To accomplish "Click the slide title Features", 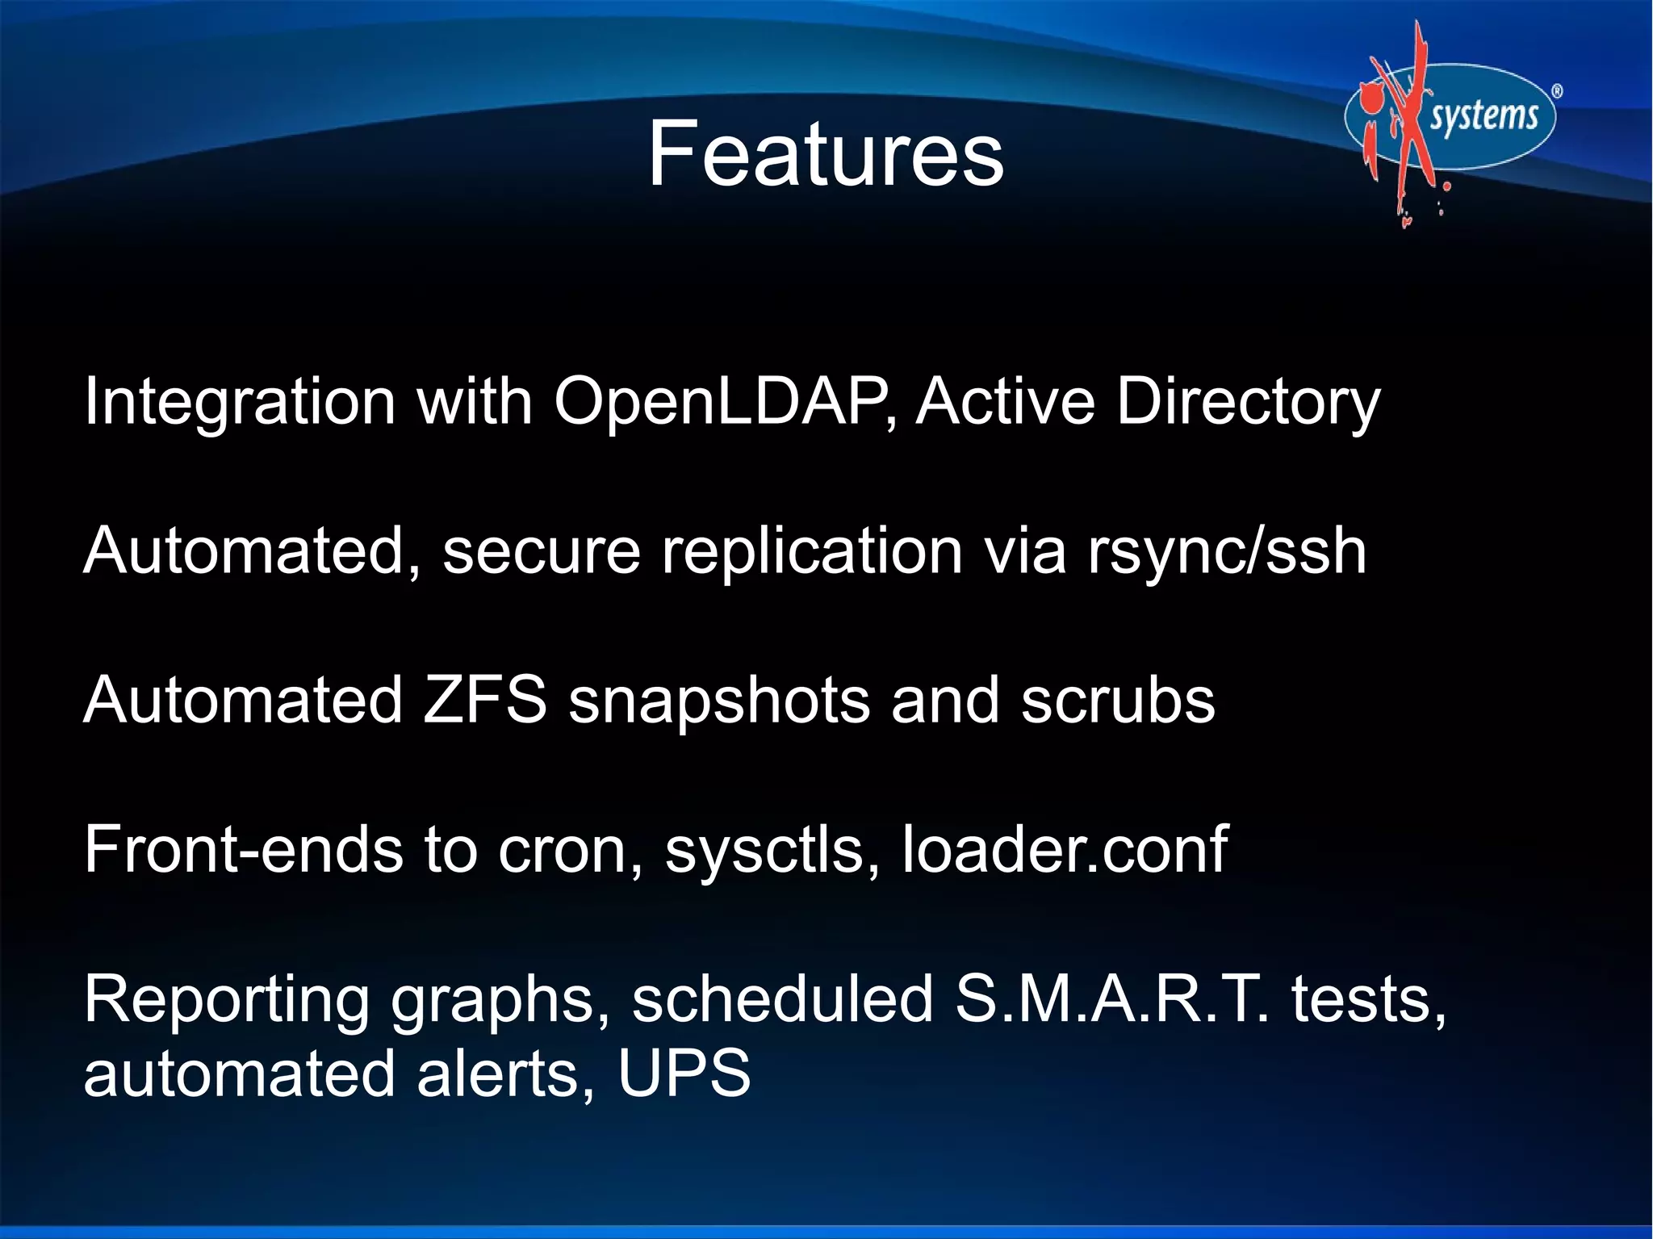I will [x=826, y=153].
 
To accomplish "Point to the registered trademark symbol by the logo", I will [x=1557, y=92].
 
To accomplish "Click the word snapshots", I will [x=719, y=701].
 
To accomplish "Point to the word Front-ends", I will [x=243, y=849].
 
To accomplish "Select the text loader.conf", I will [x=1064, y=849].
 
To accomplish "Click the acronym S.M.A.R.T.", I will [x=1111, y=998].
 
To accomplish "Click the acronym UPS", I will [x=684, y=1074].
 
